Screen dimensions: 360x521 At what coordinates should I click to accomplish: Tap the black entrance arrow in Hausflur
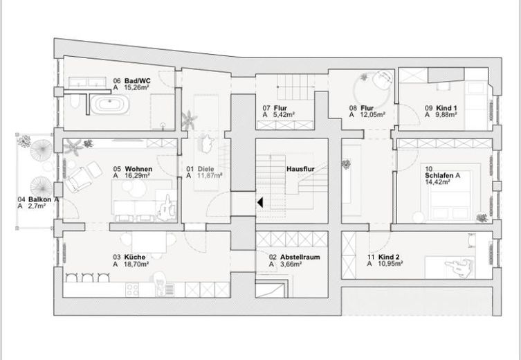(x=260, y=202)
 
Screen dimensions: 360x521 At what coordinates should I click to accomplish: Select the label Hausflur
(x=300, y=168)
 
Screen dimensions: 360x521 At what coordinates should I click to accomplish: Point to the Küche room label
(x=135, y=257)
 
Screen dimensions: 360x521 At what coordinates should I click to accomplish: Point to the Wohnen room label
(x=138, y=168)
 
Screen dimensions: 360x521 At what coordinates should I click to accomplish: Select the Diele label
(x=205, y=168)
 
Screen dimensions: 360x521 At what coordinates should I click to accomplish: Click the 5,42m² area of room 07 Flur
(x=284, y=115)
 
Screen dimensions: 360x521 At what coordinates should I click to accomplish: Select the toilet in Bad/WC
(x=73, y=104)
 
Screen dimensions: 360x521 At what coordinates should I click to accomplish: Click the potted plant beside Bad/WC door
(x=188, y=120)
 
